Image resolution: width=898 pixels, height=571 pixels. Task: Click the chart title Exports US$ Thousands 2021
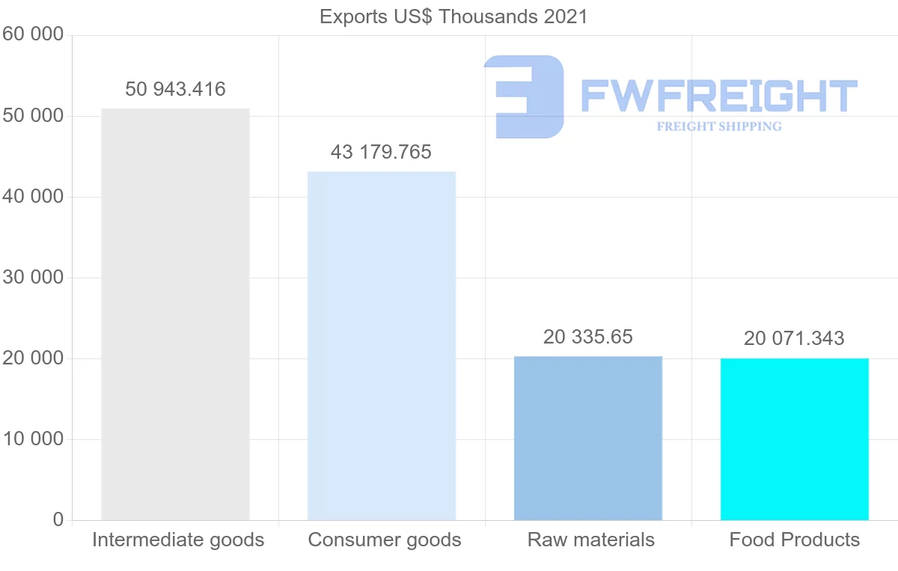point(453,16)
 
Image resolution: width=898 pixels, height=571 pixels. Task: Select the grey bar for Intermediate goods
point(175,314)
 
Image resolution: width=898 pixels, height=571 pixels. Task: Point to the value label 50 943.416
point(175,89)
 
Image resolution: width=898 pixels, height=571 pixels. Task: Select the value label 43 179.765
point(381,152)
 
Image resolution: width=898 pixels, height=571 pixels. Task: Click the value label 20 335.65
point(588,337)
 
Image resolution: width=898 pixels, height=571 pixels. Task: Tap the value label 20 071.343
point(794,338)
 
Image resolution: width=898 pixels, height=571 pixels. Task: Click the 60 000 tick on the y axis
point(33,35)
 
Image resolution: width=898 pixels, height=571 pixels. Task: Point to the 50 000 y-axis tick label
point(33,116)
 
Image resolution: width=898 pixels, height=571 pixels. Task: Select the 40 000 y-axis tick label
point(33,197)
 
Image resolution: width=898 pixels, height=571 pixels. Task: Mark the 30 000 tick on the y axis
point(33,278)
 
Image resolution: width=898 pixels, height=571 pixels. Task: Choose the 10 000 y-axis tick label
point(33,439)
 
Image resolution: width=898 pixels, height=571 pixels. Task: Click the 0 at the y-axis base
point(58,520)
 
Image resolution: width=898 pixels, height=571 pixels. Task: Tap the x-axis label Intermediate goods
point(178,540)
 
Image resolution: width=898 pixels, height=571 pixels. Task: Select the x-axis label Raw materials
point(591,540)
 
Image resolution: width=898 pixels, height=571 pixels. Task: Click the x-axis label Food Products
point(795,540)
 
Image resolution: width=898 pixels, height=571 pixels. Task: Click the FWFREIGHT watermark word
point(718,97)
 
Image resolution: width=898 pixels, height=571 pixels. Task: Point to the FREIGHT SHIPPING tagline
point(719,126)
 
